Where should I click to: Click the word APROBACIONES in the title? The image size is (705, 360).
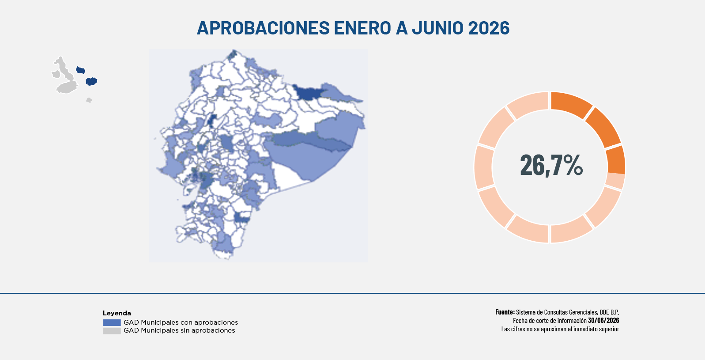pos(263,28)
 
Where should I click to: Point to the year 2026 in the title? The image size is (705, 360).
pos(489,28)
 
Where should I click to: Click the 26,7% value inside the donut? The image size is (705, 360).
pos(551,165)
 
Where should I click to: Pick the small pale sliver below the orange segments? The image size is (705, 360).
pos(615,181)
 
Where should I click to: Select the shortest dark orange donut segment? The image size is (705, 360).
pos(616,160)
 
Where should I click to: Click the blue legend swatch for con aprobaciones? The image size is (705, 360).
pos(112,322)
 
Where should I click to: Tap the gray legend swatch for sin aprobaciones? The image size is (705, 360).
pos(112,331)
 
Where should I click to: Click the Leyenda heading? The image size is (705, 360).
pos(117,313)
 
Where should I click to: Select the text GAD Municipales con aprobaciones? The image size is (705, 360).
pos(181,322)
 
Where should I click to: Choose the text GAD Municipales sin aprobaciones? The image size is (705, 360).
pos(179,330)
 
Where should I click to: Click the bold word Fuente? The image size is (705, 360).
pos(505,312)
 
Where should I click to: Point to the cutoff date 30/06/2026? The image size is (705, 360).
pos(603,320)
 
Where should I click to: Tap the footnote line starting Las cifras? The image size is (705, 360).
pos(560,329)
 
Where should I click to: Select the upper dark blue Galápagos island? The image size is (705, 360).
pos(81,70)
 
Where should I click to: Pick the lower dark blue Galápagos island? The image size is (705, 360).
pos(91,81)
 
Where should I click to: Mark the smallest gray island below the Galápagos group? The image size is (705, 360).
pos(89,100)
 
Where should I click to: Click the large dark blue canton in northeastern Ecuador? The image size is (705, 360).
pos(307,92)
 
